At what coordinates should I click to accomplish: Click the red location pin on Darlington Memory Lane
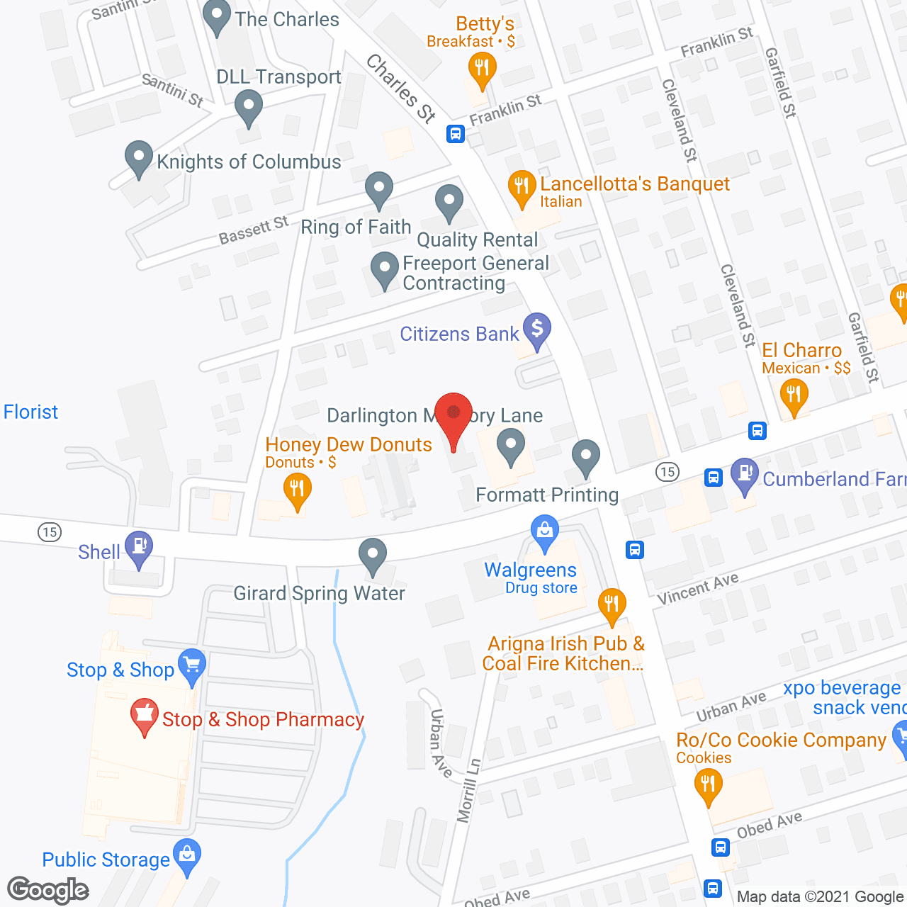click(453, 415)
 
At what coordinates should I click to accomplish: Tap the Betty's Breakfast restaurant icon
click(482, 69)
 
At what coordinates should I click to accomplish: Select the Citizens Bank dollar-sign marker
click(537, 329)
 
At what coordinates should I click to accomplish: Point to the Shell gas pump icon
click(139, 546)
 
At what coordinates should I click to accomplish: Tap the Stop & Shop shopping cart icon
click(192, 666)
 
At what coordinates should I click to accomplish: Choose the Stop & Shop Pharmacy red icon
click(145, 715)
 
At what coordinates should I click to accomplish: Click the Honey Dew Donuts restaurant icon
click(298, 489)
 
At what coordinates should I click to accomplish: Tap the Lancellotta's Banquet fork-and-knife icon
click(522, 187)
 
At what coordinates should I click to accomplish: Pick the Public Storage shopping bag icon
click(187, 855)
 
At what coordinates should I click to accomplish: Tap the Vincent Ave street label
click(698, 589)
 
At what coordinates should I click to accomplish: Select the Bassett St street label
click(254, 230)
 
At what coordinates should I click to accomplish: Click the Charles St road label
click(400, 89)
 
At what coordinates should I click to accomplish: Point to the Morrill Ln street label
click(469, 790)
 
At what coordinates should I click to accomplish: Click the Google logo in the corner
click(48, 891)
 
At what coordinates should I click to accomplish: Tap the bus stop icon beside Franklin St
click(455, 133)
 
